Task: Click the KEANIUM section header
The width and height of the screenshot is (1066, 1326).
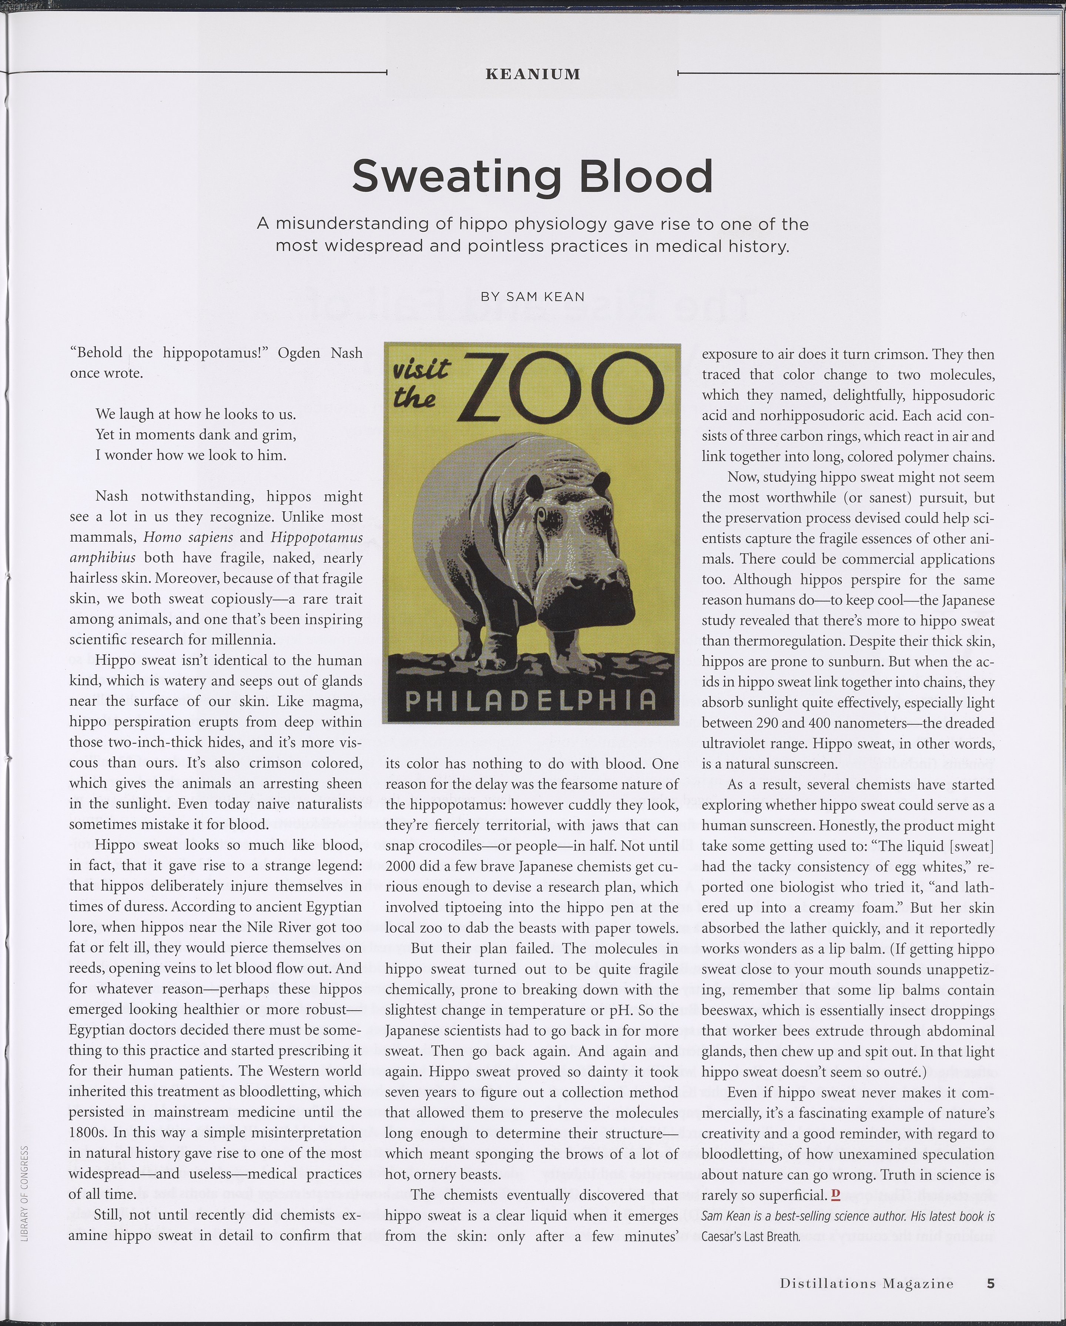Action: click(532, 74)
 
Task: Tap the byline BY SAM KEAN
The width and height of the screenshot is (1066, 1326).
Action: click(532, 297)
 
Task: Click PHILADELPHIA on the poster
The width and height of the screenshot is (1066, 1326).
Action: click(531, 700)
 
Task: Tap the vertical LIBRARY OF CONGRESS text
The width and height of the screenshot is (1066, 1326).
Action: click(24, 1193)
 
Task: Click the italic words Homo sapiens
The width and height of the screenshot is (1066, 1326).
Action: click(188, 538)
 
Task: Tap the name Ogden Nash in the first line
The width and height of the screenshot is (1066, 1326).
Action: click(320, 353)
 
